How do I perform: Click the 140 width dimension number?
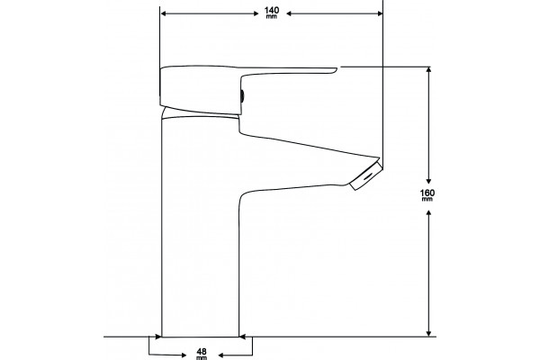click(x=272, y=10)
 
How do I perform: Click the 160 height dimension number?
click(x=427, y=193)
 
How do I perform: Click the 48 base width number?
click(x=202, y=352)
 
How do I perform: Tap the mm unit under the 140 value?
click(x=272, y=16)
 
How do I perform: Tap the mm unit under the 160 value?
click(x=427, y=199)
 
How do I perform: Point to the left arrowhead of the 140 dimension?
click(x=164, y=13)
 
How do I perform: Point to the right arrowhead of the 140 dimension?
click(x=380, y=13)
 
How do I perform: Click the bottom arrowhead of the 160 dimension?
click(x=428, y=333)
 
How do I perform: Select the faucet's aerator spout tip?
click(x=365, y=176)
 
